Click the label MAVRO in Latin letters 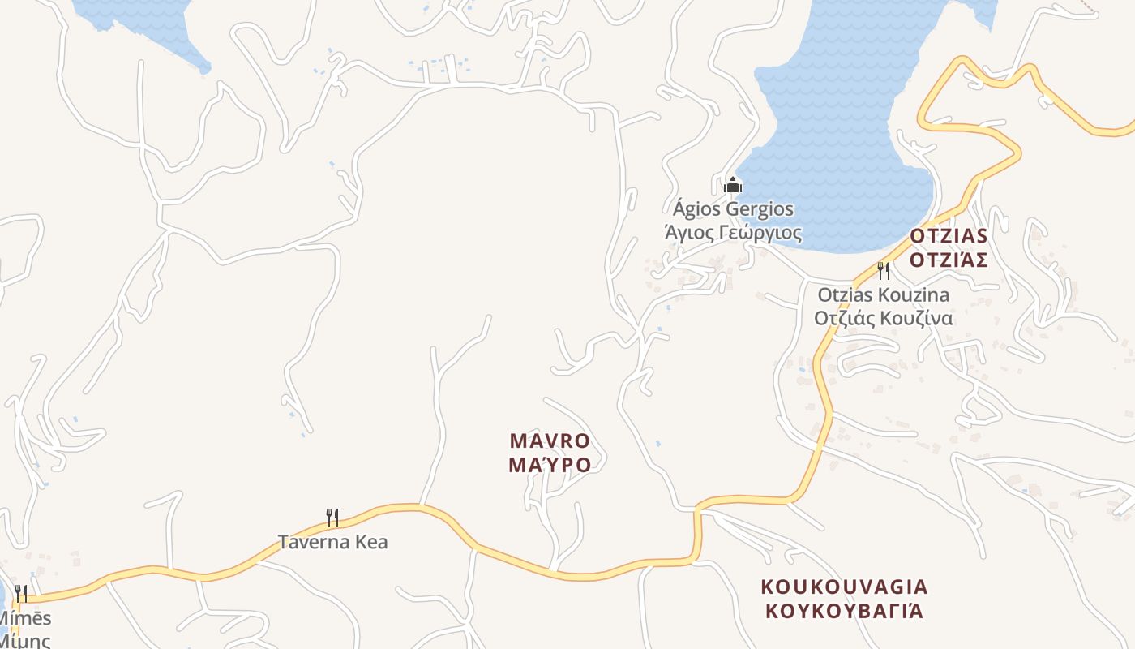point(550,441)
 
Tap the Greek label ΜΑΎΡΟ point(550,465)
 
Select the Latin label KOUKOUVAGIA point(844,587)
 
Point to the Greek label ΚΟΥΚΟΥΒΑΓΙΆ point(844,610)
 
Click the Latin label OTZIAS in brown point(949,236)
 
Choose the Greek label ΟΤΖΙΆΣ point(949,260)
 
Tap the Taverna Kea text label point(332,541)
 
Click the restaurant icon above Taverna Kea point(332,517)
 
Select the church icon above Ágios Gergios point(733,185)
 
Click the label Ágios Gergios point(733,209)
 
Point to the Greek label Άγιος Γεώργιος point(733,234)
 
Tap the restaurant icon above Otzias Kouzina point(884,270)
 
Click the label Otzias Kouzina point(883,294)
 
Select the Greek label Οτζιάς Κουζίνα point(883,317)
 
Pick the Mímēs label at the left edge point(24,618)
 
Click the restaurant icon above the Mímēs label point(21,594)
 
